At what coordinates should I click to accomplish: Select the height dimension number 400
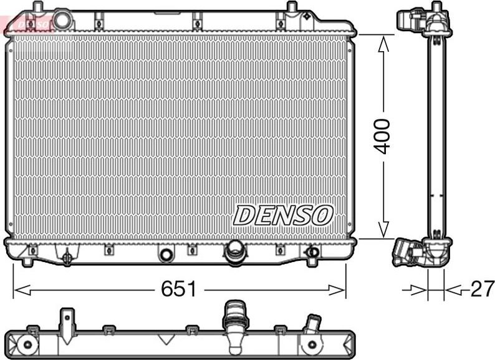382,135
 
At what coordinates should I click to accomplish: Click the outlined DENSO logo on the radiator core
282,215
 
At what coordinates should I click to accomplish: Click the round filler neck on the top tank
63,19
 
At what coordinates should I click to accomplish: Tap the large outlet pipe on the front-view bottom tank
235,253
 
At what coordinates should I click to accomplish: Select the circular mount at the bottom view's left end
26,344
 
